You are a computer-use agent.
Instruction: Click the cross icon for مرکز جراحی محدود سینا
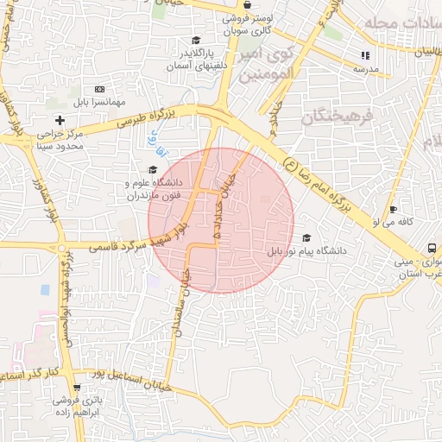pyautogui.click(x=60, y=119)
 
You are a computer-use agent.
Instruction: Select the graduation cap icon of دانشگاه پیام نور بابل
pyautogui.click(x=306, y=238)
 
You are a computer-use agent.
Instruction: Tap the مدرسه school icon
pyautogui.click(x=363, y=56)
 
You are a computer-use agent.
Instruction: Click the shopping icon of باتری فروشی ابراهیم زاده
pyautogui.click(x=78, y=388)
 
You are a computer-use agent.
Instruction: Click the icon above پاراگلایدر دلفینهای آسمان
pyautogui.click(x=195, y=41)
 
